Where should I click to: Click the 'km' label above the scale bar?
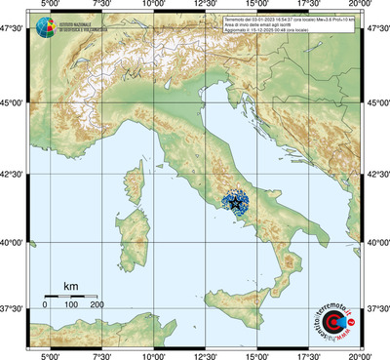pos(70,286)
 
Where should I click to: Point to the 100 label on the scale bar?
pos(71,305)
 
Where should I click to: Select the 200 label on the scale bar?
pos(97,305)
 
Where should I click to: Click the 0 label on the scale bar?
pos(45,305)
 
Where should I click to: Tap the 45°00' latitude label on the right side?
pos(376,102)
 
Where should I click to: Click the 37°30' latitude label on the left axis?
pos(14,308)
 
